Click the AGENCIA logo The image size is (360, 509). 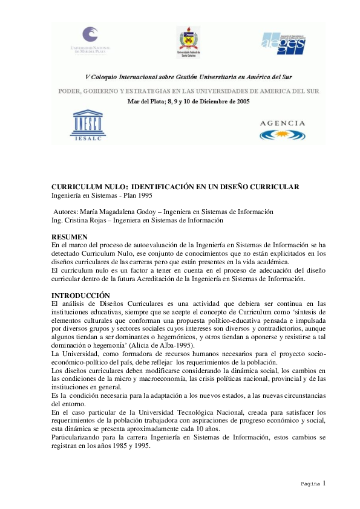[x=282, y=129]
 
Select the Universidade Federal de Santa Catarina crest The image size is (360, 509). [x=187, y=41]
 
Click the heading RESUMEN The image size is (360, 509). [x=70, y=236]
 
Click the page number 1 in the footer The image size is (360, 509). [x=324, y=483]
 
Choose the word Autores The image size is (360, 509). [x=65, y=212]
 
